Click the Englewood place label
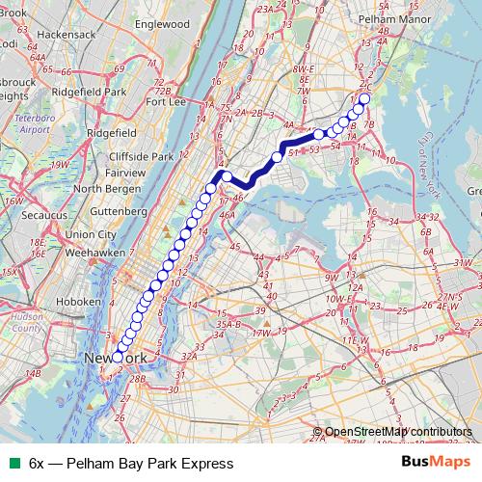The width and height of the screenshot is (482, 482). coord(163,23)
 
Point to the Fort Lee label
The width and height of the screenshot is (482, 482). coord(165,101)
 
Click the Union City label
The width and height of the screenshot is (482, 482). coord(92,234)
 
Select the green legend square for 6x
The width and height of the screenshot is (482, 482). coord(12,464)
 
